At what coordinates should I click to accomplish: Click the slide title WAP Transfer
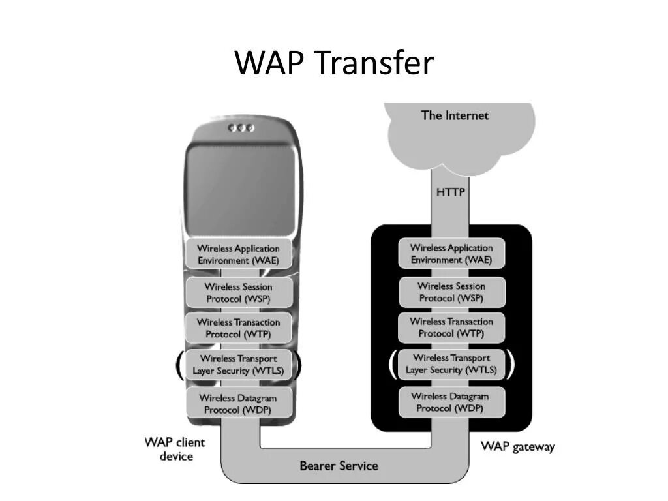333,63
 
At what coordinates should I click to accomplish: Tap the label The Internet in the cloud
455,115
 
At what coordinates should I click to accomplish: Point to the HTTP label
450,192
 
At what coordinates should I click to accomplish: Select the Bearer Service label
339,466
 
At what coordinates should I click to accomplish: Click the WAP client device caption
175,449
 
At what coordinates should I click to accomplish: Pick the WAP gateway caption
517,447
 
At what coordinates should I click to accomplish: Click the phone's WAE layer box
238,254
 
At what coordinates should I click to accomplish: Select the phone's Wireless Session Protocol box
238,292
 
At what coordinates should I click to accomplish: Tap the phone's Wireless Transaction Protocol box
238,327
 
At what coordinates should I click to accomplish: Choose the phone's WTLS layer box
238,365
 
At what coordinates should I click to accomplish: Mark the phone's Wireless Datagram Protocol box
238,403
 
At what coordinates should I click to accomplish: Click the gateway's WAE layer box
451,253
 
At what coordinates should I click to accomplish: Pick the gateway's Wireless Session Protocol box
451,292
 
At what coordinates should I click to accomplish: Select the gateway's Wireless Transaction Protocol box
451,327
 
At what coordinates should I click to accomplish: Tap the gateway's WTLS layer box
451,364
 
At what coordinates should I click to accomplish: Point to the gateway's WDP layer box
451,402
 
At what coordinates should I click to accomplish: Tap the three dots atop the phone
241,128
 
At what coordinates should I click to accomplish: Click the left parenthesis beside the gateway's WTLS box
393,364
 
